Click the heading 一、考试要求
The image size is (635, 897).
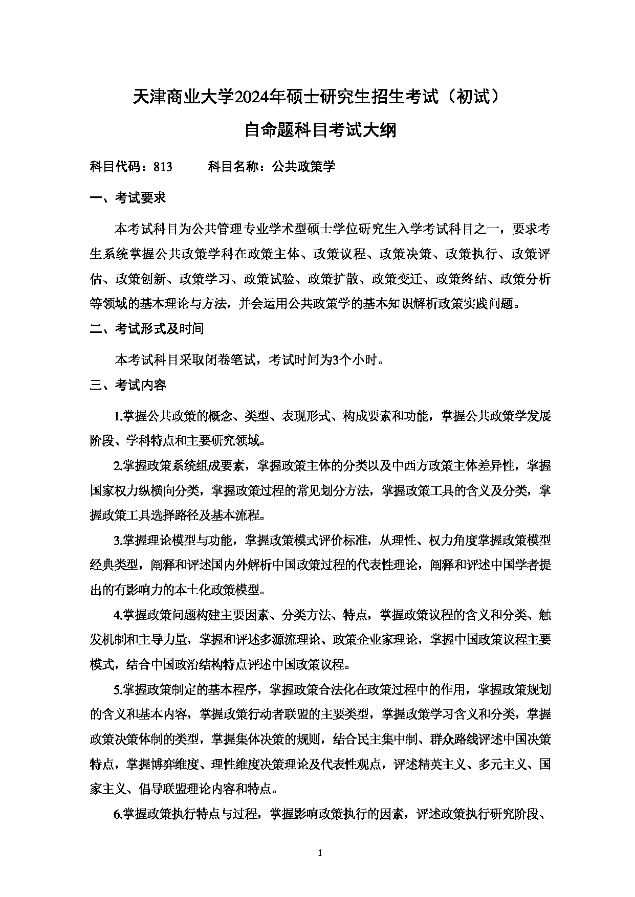pyautogui.click(x=127, y=198)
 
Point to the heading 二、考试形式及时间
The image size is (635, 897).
pyautogui.click(x=147, y=329)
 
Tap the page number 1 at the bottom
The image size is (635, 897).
pyautogui.click(x=320, y=853)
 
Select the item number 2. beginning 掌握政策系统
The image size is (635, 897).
pyautogui.click(x=117, y=466)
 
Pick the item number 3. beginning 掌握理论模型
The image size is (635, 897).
pyautogui.click(x=117, y=540)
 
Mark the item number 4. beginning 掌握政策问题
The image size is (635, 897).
pyautogui.click(x=117, y=615)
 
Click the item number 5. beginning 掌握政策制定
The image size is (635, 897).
pyautogui.click(x=117, y=690)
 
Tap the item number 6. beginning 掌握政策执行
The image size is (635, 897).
pyautogui.click(x=117, y=815)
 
